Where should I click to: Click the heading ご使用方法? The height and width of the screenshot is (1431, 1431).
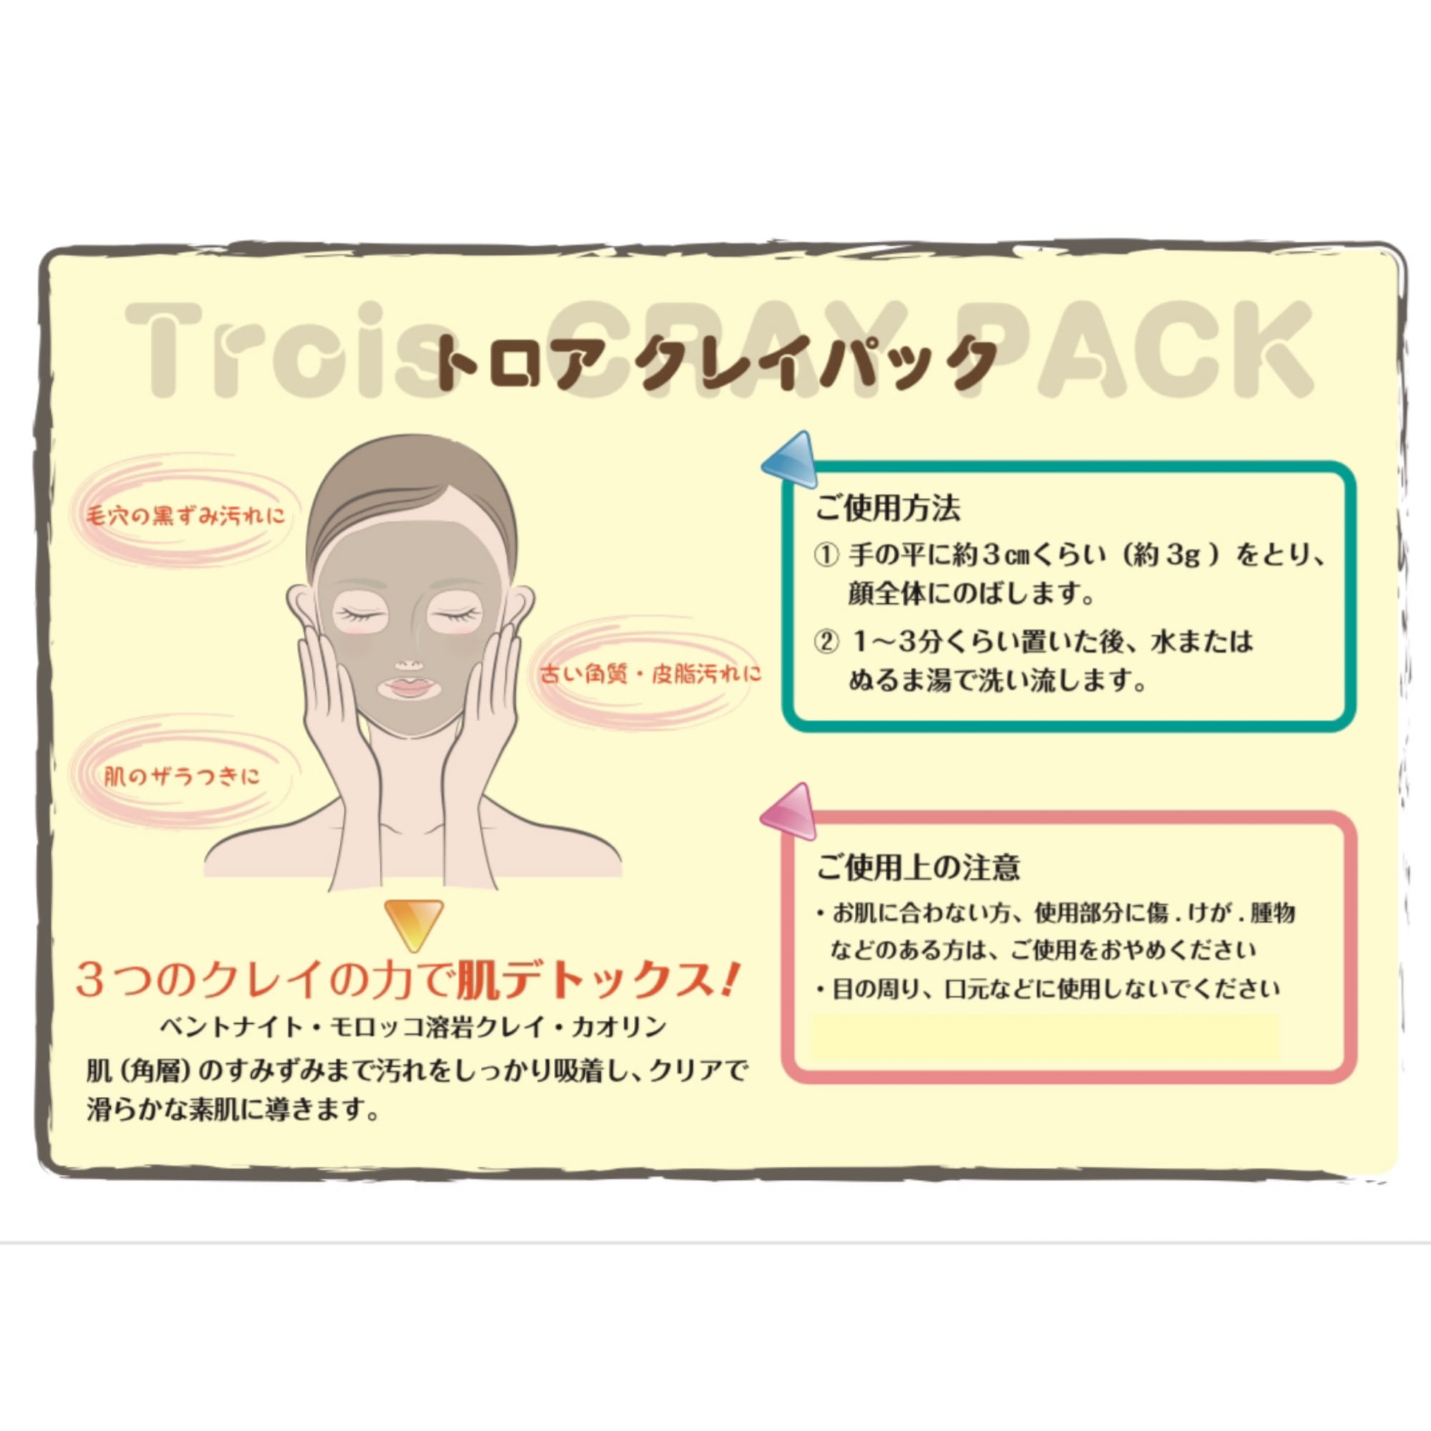(x=887, y=508)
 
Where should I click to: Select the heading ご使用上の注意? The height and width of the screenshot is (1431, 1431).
(x=919, y=867)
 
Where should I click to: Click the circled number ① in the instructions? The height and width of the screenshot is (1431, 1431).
(x=826, y=555)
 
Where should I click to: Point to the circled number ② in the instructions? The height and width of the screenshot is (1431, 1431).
(x=826, y=641)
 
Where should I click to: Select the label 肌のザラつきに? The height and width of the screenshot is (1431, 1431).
(x=182, y=776)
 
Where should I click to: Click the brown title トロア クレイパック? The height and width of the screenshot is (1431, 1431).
(x=715, y=363)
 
